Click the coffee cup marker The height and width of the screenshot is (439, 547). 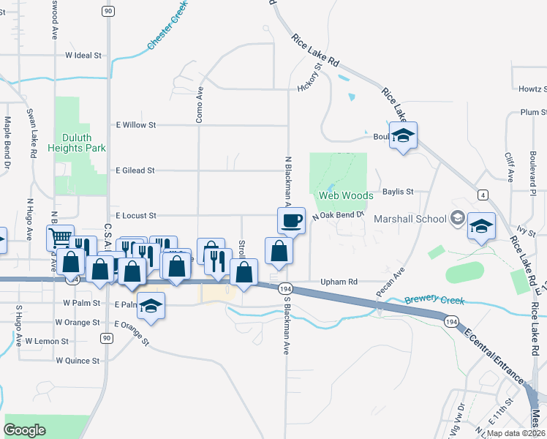291,220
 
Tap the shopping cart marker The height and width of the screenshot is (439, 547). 60,238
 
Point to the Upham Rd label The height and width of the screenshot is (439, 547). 338,282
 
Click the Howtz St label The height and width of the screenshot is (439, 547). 532,89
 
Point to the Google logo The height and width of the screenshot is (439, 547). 25,429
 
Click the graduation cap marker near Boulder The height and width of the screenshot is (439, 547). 403,136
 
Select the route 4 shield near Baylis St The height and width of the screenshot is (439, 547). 483,195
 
